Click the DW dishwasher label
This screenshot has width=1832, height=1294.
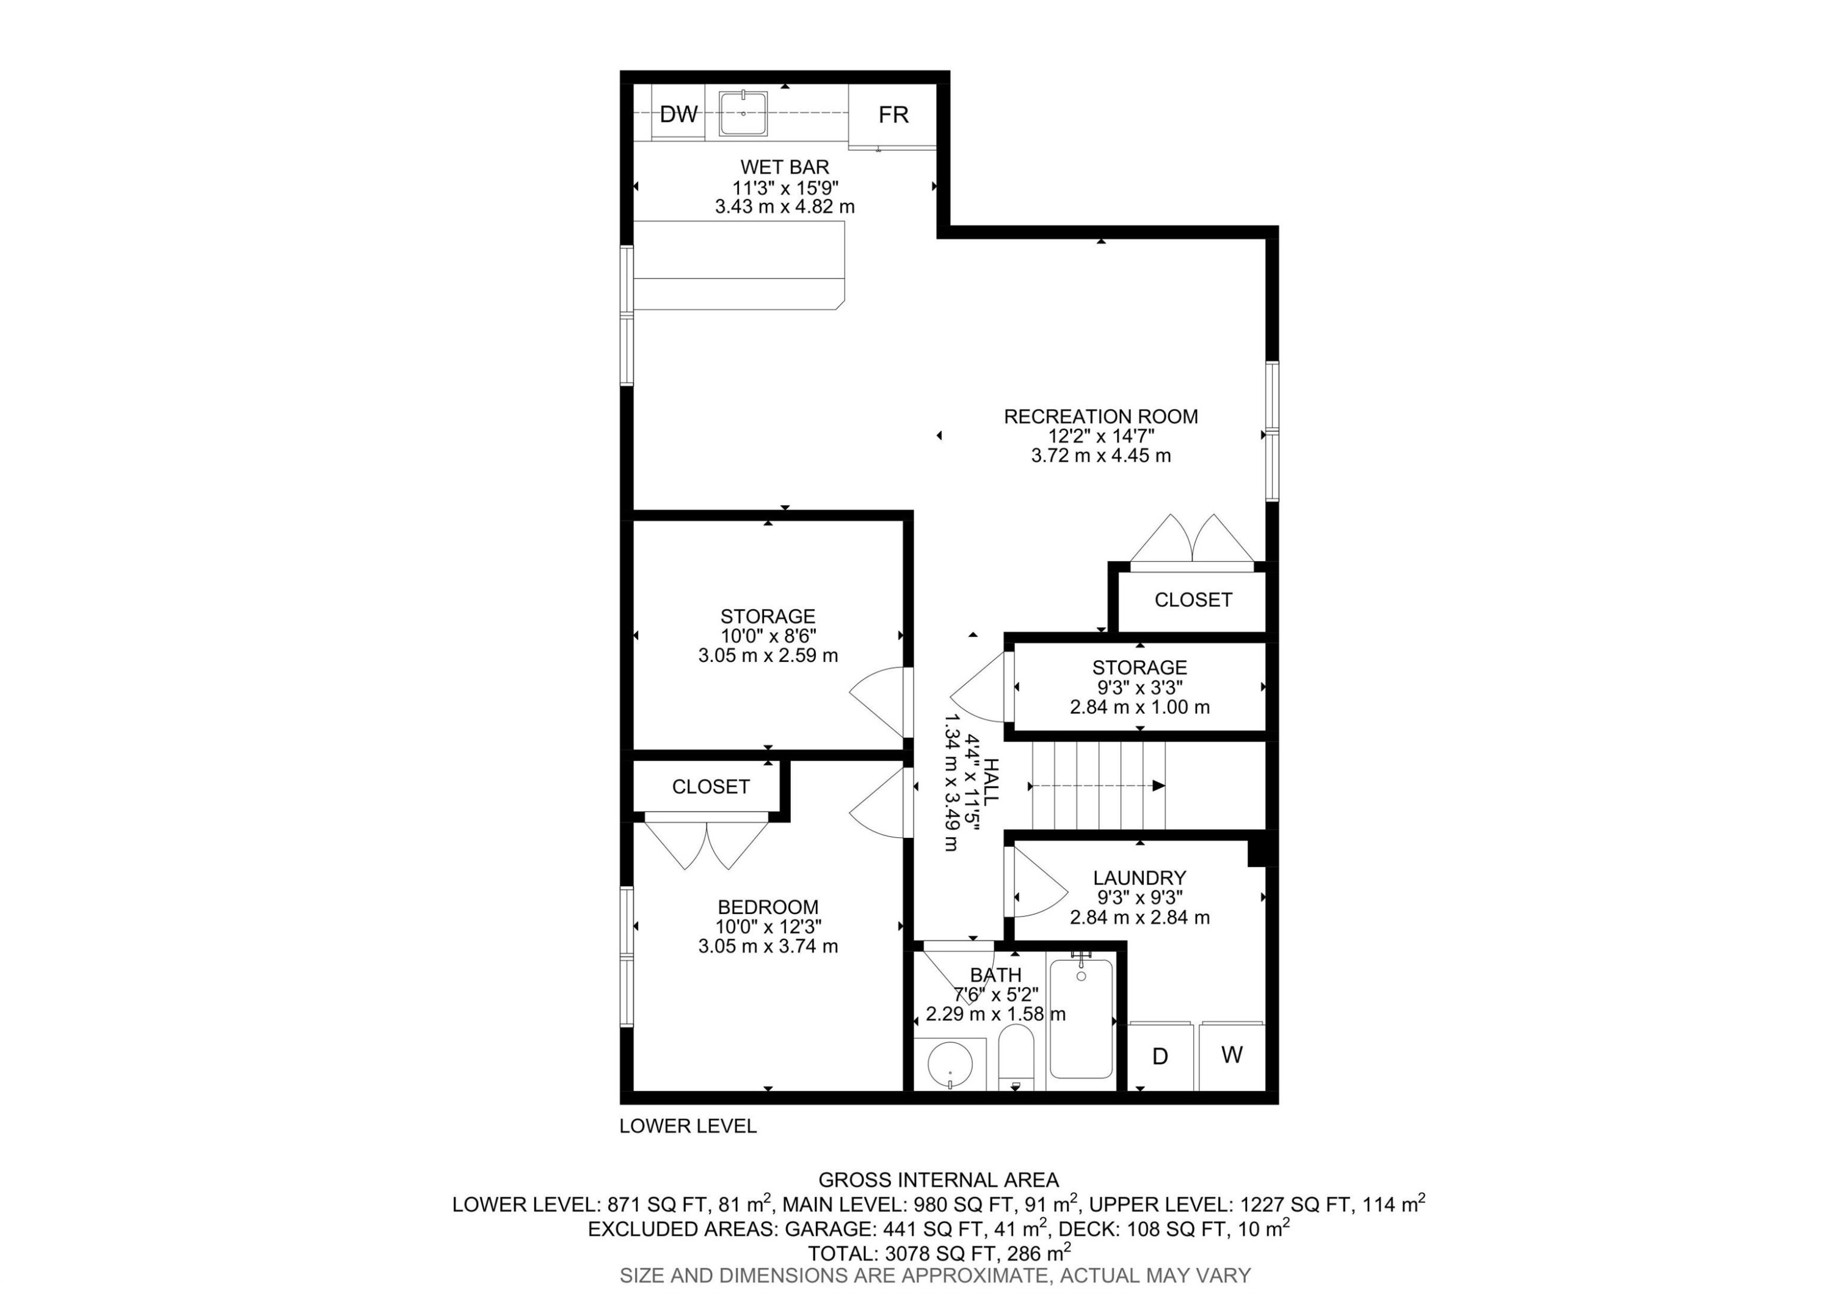pyautogui.click(x=678, y=114)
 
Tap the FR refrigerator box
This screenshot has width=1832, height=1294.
pyautogui.click(x=892, y=115)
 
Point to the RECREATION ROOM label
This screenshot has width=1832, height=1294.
pyautogui.click(x=1100, y=416)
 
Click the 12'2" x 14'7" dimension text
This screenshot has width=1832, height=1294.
pyautogui.click(x=1100, y=437)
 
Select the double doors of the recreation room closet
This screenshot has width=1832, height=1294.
pyautogui.click(x=1191, y=541)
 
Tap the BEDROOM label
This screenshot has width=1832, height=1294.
pyautogui.click(x=768, y=907)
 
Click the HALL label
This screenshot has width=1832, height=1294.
pyautogui.click(x=989, y=782)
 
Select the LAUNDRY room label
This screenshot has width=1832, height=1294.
pyautogui.click(x=1140, y=878)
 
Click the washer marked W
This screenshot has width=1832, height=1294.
pyautogui.click(x=1231, y=1055)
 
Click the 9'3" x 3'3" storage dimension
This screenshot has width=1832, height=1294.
pyautogui.click(x=1140, y=688)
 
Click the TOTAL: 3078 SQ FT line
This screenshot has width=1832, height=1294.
pyautogui.click(x=939, y=1252)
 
